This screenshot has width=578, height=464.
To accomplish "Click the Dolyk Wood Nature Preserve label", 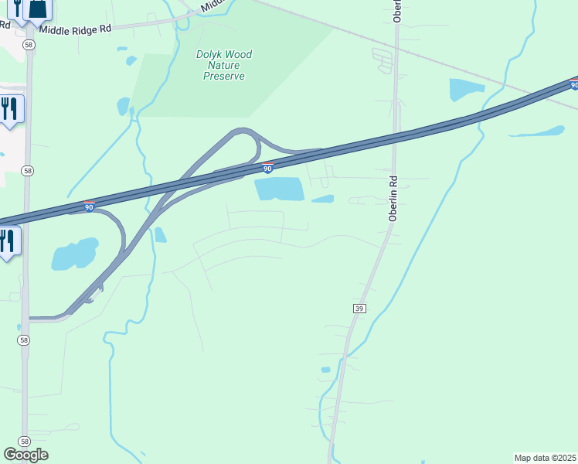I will coord(224,66).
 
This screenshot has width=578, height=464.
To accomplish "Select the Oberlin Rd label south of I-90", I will coord(393,200).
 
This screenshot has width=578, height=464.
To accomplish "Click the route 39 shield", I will coord(359,308).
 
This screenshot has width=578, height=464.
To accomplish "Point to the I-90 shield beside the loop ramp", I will coord(267,167).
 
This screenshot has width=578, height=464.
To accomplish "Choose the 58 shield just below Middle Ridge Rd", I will coord(29,46).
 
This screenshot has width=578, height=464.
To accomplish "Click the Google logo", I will coord(25,455).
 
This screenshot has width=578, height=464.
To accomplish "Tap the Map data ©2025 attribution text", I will coord(546,458).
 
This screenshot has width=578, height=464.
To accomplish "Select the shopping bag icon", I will coord(38,9).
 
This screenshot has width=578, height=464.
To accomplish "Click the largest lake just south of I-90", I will coord(279,188).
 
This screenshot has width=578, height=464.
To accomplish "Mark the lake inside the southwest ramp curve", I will coord(75,254).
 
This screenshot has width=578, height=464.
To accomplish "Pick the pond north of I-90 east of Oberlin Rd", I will coord(467,90).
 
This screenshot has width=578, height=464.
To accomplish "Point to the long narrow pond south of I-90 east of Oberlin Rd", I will coord(537,131).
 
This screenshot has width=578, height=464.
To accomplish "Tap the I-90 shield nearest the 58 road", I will coord(89,206).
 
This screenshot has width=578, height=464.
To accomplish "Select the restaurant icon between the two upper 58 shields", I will coord(9,107).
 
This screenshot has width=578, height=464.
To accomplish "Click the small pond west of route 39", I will coord(325,370).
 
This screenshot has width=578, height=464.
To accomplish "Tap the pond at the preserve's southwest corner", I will coord(123,105).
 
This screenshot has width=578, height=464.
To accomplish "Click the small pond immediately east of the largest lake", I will coord(323,200).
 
